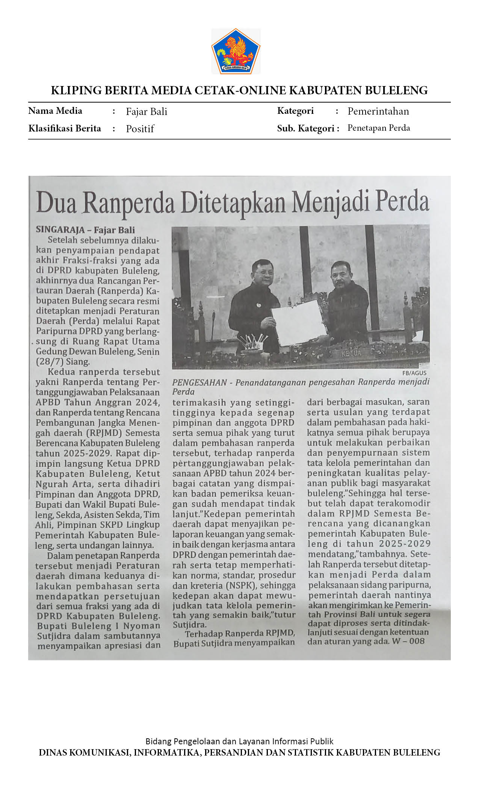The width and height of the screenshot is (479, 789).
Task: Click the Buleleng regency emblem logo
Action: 236,51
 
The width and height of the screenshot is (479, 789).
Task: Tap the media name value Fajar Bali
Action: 147,112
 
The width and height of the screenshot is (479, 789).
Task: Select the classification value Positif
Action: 140,129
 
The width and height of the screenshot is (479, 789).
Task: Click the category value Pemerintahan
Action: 378,111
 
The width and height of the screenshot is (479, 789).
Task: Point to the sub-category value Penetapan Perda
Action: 378,128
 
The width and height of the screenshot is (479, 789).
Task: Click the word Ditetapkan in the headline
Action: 234,203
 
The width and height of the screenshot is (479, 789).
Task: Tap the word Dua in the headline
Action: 56,203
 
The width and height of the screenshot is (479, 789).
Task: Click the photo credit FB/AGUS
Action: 414,373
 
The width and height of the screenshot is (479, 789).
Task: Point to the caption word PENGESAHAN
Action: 199,382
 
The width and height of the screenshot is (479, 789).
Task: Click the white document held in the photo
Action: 298,322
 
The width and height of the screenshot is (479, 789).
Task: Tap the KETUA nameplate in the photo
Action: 351,353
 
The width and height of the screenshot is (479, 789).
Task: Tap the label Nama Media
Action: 55,111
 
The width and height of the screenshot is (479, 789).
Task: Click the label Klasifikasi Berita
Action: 65,128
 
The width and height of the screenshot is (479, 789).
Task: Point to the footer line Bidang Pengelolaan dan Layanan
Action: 239,741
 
